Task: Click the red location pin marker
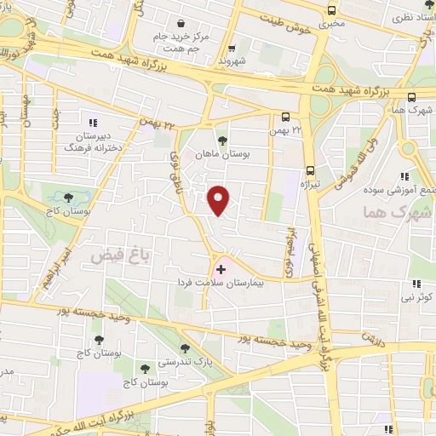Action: pyautogui.click(x=220, y=199)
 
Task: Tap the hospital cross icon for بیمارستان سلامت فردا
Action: pyautogui.click(x=222, y=269)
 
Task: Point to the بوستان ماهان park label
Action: pyautogui.click(x=222, y=153)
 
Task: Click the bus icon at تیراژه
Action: pyautogui.click(x=308, y=169)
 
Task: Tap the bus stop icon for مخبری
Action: pyautogui.click(x=331, y=11)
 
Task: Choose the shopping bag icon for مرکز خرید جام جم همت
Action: pyautogui.click(x=179, y=23)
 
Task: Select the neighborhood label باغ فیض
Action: pyautogui.click(x=114, y=255)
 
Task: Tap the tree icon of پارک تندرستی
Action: pyautogui.click(x=185, y=347)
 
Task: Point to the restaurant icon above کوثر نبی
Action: pyautogui.click(x=416, y=284)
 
